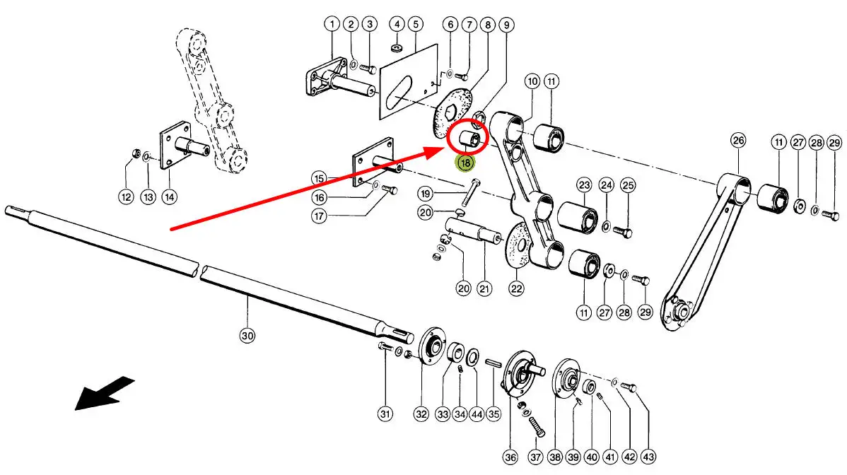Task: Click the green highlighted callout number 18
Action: (465, 164)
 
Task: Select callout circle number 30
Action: (247, 336)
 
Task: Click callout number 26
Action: (739, 141)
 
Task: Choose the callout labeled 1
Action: (332, 25)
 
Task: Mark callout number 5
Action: (415, 25)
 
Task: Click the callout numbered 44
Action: (476, 414)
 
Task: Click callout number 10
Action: (532, 82)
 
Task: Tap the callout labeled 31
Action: (385, 414)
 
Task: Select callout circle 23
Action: (583, 186)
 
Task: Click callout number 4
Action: (397, 25)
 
